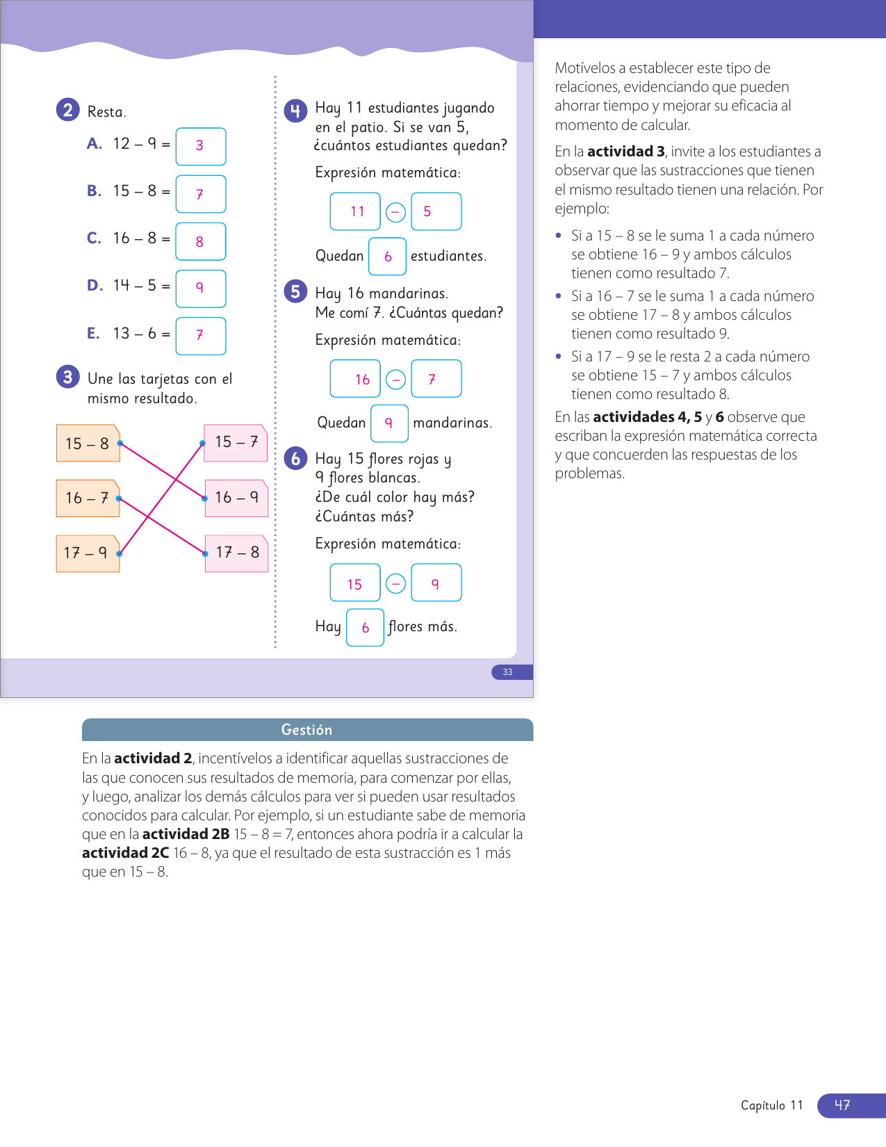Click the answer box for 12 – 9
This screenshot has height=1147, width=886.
pos(200,146)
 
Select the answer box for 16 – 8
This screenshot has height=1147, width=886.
pos(200,241)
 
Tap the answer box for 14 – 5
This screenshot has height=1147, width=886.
pos(200,288)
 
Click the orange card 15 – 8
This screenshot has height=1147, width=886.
pos(88,444)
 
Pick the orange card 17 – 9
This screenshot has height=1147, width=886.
pos(87,553)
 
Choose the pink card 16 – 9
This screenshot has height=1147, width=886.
pos(237,498)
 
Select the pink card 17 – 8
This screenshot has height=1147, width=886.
pos(237,553)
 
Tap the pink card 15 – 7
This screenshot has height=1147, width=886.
pos(236,442)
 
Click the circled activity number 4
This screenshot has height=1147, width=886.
pos(295,111)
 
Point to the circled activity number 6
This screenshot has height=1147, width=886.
pos(295,458)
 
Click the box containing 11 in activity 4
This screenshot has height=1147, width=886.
pos(355,211)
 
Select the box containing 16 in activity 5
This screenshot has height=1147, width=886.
pos(355,379)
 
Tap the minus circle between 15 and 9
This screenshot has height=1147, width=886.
pos(395,583)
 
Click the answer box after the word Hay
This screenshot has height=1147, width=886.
pos(365,628)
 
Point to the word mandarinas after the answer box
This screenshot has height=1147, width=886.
pos(452,423)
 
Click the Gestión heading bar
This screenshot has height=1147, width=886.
pos(307,730)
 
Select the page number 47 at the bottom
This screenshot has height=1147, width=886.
pos(842,1105)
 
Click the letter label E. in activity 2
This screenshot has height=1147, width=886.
pos(94,334)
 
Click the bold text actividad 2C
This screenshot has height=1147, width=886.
pos(125,853)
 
